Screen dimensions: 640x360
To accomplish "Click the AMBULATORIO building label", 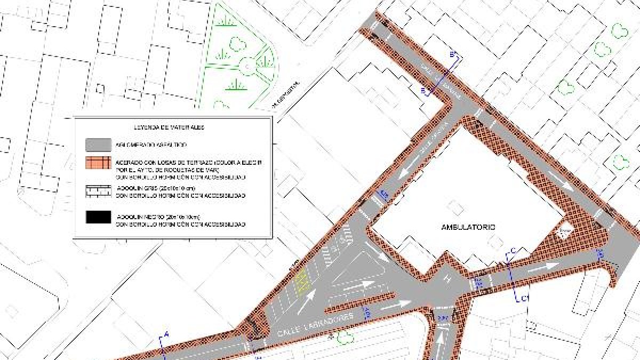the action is click(x=468, y=227).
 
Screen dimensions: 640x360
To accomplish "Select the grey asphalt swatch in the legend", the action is click(x=98, y=145).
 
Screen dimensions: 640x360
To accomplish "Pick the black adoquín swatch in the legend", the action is click(x=98, y=217).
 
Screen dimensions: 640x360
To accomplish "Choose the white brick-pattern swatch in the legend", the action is click(x=98, y=191).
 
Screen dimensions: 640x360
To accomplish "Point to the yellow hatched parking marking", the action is click(x=302, y=281).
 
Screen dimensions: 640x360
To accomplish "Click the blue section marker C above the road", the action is click(x=513, y=251).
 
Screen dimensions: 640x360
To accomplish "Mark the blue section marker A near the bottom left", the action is click(x=166, y=334).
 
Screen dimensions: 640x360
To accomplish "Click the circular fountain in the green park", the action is click(x=248, y=66).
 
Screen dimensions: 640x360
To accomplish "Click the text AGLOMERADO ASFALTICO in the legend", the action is click(x=151, y=145).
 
